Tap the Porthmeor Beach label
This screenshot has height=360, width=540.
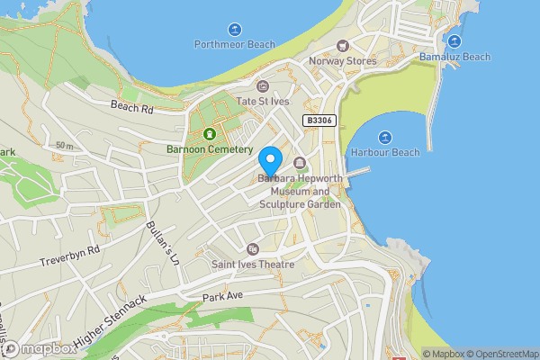[x=235, y=44]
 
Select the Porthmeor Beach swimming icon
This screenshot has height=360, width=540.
[x=235, y=29]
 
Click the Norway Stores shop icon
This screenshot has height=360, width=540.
[x=342, y=46]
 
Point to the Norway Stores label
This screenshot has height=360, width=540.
[x=341, y=61]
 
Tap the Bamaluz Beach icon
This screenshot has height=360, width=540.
[x=454, y=40]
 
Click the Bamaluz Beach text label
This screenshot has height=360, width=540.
[x=454, y=57]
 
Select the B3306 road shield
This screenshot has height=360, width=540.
[x=319, y=120]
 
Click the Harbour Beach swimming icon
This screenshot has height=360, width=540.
[x=385, y=137]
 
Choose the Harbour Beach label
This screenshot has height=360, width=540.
[x=385, y=152]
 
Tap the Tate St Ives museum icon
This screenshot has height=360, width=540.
[x=263, y=86]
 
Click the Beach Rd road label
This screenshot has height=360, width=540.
[x=132, y=106]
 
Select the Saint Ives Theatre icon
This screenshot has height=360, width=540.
[x=252, y=249]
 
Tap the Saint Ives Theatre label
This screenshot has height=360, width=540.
[x=252, y=265]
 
